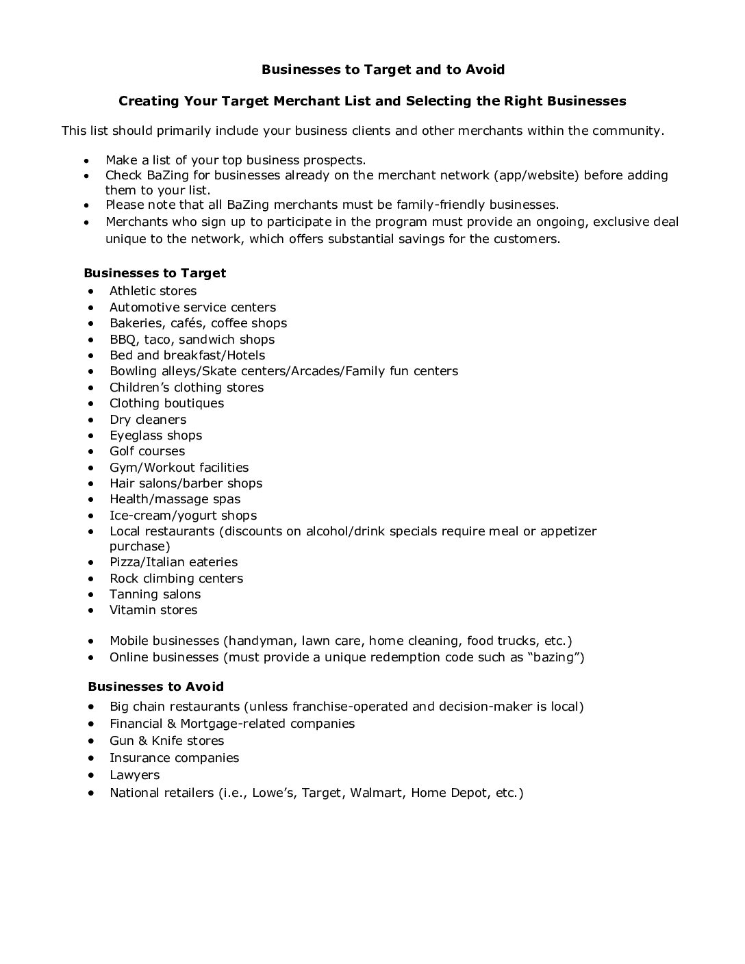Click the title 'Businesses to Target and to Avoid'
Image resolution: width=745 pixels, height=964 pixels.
click(383, 69)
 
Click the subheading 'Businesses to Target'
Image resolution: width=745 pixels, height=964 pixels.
click(155, 273)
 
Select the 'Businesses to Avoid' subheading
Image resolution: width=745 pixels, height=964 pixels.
click(155, 686)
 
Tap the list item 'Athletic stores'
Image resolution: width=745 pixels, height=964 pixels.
click(153, 291)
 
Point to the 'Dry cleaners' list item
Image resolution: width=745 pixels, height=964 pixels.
click(147, 420)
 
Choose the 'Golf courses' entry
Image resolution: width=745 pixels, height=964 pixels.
click(147, 451)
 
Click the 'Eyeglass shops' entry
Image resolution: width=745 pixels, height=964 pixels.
click(155, 435)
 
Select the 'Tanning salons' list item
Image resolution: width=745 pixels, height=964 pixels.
click(155, 594)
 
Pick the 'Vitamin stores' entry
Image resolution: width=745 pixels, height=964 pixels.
click(153, 610)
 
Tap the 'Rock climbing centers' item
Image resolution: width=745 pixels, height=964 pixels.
click(176, 579)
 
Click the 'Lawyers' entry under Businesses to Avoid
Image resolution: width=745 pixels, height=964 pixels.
click(134, 775)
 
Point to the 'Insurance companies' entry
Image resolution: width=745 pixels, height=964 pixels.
click(174, 758)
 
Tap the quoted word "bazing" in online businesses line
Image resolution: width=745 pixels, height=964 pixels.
click(558, 658)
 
